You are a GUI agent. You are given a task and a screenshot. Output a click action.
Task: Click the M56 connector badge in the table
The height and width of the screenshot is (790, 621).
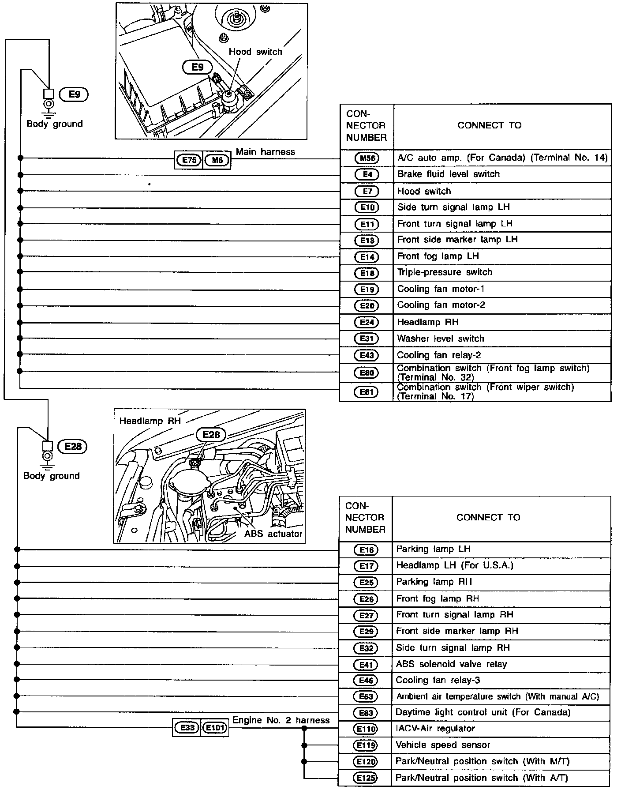pyautogui.click(x=367, y=158)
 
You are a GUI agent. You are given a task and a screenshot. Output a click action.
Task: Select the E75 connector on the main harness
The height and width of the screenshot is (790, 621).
pyautogui.click(x=189, y=160)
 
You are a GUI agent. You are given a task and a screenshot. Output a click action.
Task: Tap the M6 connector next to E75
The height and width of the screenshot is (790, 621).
pyautogui.click(x=217, y=160)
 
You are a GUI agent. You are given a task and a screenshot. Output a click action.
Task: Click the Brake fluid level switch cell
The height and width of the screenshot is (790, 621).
pyautogui.click(x=449, y=174)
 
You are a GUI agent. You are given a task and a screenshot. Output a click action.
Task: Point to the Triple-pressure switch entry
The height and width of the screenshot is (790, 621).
pyautogui.click(x=445, y=272)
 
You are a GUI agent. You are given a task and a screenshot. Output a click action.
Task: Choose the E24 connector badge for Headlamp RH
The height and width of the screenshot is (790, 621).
pyautogui.click(x=367, y=322)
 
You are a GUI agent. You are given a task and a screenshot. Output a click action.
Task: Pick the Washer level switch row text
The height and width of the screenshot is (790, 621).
pyautogui.click(x=441, y=339)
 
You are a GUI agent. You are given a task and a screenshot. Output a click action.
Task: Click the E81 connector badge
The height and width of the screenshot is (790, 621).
pyautogui.click(x=367, y=391)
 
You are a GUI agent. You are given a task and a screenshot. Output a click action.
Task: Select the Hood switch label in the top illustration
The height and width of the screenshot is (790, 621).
pyautogui.click(x=255, y=52)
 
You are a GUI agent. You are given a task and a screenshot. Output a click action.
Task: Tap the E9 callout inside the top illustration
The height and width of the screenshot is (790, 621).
pyautogui.click(x=198, y=67)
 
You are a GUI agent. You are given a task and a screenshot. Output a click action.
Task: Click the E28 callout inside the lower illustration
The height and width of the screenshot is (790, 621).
pyautogui.click(x=211, y=435)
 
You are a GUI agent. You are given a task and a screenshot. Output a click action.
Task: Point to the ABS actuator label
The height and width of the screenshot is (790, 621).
pyautogui.click(x=273, y=534)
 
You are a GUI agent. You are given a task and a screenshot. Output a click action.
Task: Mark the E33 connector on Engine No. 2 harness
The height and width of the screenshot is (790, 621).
pyautogui.click(x=187, y=727)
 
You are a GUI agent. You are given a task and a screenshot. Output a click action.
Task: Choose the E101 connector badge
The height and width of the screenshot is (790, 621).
pyautogui.click(x=214, y=727)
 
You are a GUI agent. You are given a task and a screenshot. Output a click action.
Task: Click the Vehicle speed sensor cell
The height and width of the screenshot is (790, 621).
pyautogui.click(x=443, y=745)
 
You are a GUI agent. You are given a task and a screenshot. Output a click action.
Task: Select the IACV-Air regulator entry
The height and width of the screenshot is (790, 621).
pyautogui.click(x=435, y=729)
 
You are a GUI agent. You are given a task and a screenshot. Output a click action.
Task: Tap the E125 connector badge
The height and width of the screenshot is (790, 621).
pyautogui.click(x=366, y=778)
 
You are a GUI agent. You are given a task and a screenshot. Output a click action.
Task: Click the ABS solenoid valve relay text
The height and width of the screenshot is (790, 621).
pyautogui.click(x=451, y=664)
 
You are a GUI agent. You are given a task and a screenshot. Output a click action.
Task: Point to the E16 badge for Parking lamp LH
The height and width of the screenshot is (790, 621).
pyautogui.click(x=366, y=550)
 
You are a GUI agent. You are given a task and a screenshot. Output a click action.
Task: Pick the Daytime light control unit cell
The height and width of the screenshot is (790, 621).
pyautogui.click(x=483, y=712)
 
